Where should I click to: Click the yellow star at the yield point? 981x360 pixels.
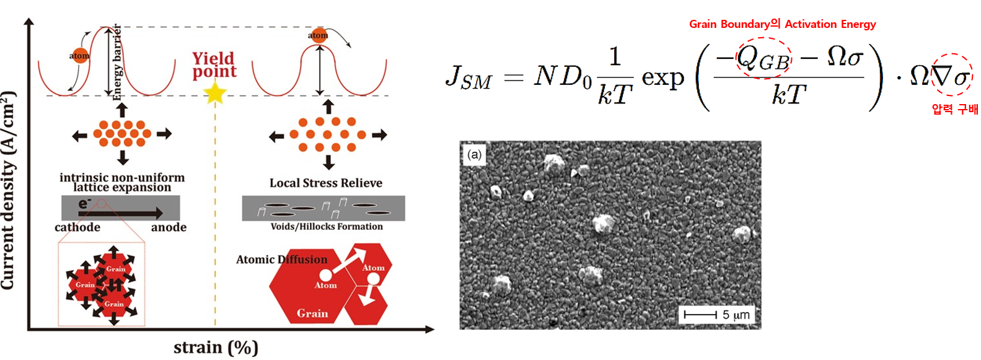[215, 94]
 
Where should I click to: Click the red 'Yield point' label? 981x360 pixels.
[214, 65]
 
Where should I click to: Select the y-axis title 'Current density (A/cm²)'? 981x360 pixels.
[8, 190]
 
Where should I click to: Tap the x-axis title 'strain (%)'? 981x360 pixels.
[216, 348]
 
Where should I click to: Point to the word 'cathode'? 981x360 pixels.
[77, 227]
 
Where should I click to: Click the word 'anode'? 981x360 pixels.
[169, 227]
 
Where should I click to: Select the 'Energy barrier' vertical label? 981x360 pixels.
[117, 62]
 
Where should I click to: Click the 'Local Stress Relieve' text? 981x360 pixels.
[325, 183]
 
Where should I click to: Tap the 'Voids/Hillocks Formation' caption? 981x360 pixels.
[327, 227]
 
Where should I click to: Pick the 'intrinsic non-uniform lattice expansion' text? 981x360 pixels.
[122, 182]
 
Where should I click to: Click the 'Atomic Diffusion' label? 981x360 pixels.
[281, 260]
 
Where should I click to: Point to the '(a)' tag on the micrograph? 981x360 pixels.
[475, 154]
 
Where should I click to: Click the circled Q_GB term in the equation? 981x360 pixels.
[763, 59]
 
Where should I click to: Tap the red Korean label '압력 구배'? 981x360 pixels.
[954, 110]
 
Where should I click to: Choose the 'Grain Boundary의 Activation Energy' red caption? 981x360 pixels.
[782, 24]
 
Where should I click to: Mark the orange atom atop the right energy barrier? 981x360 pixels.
[318, 35]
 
